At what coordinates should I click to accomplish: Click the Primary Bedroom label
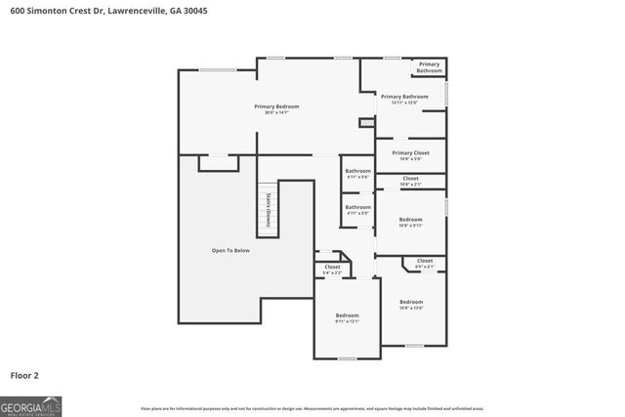tap(276, 105)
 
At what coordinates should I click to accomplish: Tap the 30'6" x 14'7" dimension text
tap(276, 112)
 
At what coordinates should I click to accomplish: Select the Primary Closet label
tap(410, 152)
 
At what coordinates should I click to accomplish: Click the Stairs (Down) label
tap(267, 209)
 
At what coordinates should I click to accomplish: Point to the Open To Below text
tap(231, 251)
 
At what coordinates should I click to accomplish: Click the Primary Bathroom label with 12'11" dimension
tap(404, 96)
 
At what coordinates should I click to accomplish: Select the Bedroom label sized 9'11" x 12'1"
tap(348, 315)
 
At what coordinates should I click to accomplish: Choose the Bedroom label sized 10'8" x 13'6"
tap(411, 302)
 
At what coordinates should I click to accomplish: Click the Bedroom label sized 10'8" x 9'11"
tap(411, 220)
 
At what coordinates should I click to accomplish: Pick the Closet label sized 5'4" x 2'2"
tap(333, 267)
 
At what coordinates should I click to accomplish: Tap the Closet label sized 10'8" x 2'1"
tap(410, 178)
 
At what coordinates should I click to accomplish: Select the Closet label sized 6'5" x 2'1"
tap(425, 261)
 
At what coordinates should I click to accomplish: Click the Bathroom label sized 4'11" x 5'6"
tap(357, 171)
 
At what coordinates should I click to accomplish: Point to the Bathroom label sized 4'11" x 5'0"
tap(357, 207)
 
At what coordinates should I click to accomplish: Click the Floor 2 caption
tap(24, 374)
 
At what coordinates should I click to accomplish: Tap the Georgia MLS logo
tap(31, 404)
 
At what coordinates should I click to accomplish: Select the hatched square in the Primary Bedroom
tap(366, 122)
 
